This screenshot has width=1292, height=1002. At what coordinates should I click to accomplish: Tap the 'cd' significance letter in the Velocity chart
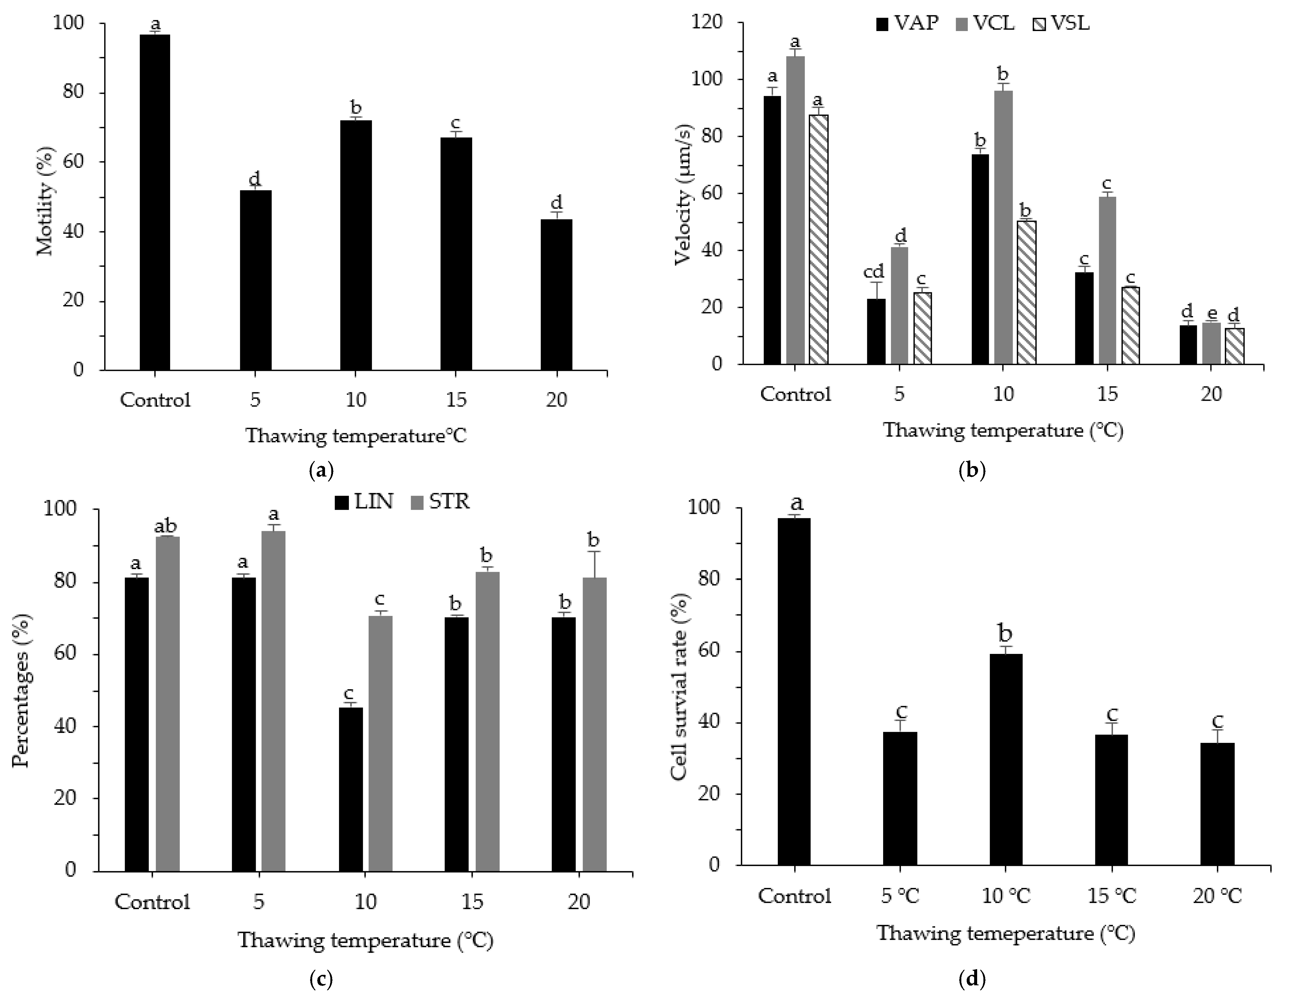(874, 272)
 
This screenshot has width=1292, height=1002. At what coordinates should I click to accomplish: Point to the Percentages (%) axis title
(22, 690)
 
